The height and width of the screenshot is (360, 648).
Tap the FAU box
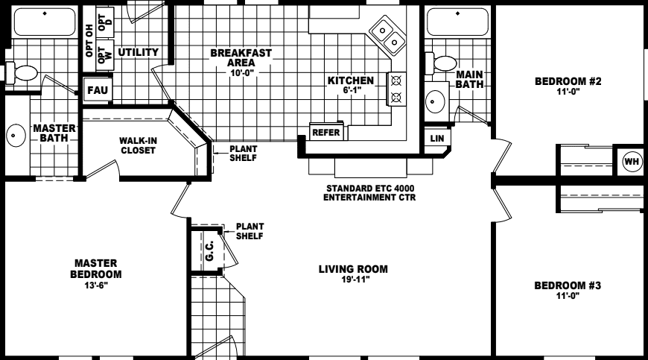97,90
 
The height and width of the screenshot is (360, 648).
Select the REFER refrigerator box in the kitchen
326,133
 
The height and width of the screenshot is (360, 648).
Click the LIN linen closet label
436,139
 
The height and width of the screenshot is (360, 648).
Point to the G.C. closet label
209,251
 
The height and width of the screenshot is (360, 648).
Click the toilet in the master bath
25,73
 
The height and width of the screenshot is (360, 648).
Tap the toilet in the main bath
445,64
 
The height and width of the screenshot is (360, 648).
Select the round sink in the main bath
435,100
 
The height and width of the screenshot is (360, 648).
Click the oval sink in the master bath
16,136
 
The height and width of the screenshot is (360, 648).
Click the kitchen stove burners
396,88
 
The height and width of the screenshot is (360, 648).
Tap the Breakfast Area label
241,58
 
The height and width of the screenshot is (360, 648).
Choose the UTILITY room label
138,52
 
